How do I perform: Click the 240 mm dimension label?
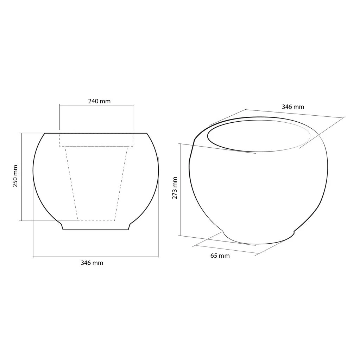pyautogui.click(x=99, y=101)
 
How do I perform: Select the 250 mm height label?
pyautogui.click(x=15, y=176)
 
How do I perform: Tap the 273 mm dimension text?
pyautogui.click(x=175, y=188)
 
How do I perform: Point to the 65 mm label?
pyautogui.click(x=220, y=256)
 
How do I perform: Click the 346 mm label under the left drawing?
pyautogui.click(x=92, y=263)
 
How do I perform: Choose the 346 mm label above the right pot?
pyautogui.click(x=293, y=107)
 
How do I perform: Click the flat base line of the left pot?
pyautogui.click(x=96, y=230)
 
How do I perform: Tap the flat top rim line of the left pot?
pyautogui.click(x=96, y=133)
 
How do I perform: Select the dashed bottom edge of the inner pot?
pyautogui.click(x=96, y=221)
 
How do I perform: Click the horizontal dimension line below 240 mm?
pyautogui.click(x=96, y=105)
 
